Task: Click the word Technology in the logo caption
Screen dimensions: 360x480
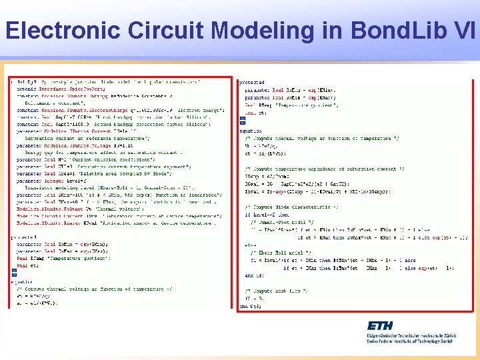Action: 428,341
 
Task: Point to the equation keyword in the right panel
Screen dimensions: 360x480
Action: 251,131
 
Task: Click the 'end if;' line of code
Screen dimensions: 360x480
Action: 254,275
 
